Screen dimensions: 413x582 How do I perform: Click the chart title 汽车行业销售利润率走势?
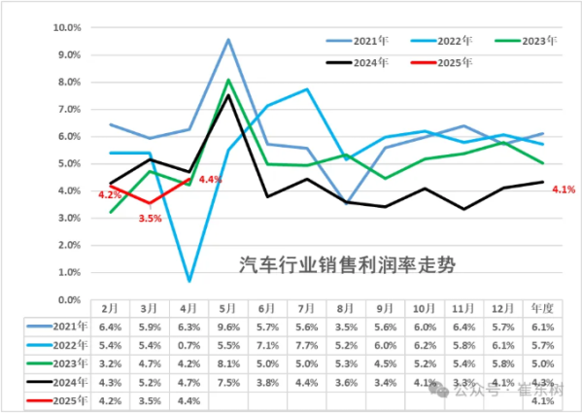click(x=347, y=264)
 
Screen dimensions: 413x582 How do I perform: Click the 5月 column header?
click(x=228, y=308)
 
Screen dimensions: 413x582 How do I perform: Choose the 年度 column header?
click(x=541, y=308)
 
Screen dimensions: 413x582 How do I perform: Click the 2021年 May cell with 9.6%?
click(x=228, y=327)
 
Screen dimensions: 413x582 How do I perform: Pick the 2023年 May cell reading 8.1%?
click(x=228, y=362)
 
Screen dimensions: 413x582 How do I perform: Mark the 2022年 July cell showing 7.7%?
click(x=307, y=344)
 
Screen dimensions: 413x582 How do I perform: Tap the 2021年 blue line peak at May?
click(x=228, y=40)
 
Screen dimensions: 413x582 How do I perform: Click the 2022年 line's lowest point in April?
click(x=188, y=281)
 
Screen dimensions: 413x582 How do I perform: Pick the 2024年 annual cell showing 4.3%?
click(x=541, y=381)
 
